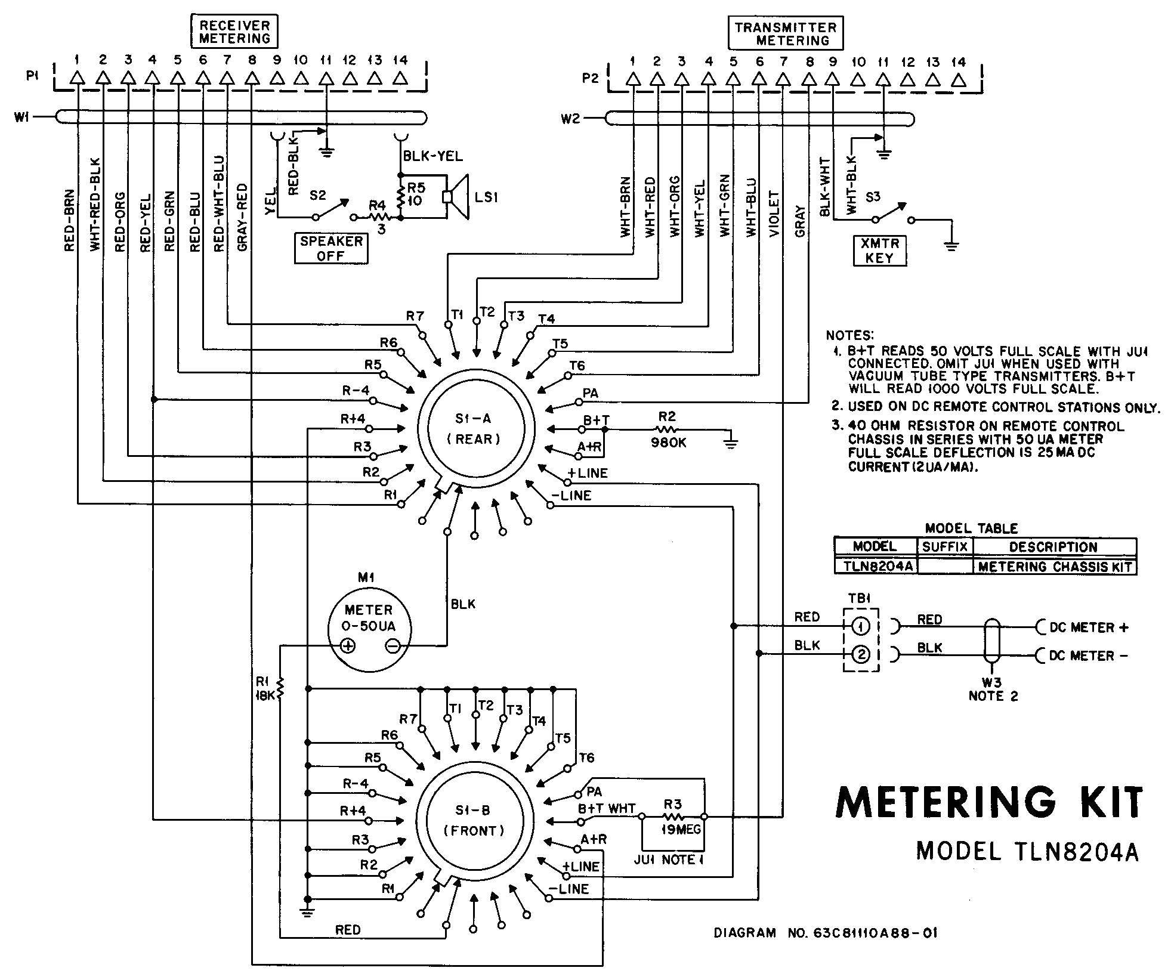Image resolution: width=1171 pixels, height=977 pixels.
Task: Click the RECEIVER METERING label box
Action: [234, 32]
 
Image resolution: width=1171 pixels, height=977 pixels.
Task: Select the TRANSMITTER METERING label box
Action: [785, 34]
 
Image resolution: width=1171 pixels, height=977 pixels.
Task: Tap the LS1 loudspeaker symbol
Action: [457, 197]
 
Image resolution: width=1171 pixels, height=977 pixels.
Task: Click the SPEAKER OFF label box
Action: [331, 249]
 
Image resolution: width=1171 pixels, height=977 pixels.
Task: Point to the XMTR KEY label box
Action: [879, 251]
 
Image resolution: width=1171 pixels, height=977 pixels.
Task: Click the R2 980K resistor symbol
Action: [667, 429]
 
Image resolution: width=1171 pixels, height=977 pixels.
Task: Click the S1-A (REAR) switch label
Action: [474, 429]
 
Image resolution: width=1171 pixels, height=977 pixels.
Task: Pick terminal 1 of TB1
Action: [860, 626]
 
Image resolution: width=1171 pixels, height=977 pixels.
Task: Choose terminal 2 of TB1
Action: [860, 655]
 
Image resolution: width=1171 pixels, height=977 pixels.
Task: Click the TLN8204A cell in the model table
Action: [875, 566]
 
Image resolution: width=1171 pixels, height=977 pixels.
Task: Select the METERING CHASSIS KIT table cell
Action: [1054, 567]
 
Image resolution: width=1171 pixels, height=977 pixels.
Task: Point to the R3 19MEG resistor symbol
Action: [673, 817]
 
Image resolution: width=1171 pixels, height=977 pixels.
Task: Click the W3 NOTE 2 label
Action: [993, 690]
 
